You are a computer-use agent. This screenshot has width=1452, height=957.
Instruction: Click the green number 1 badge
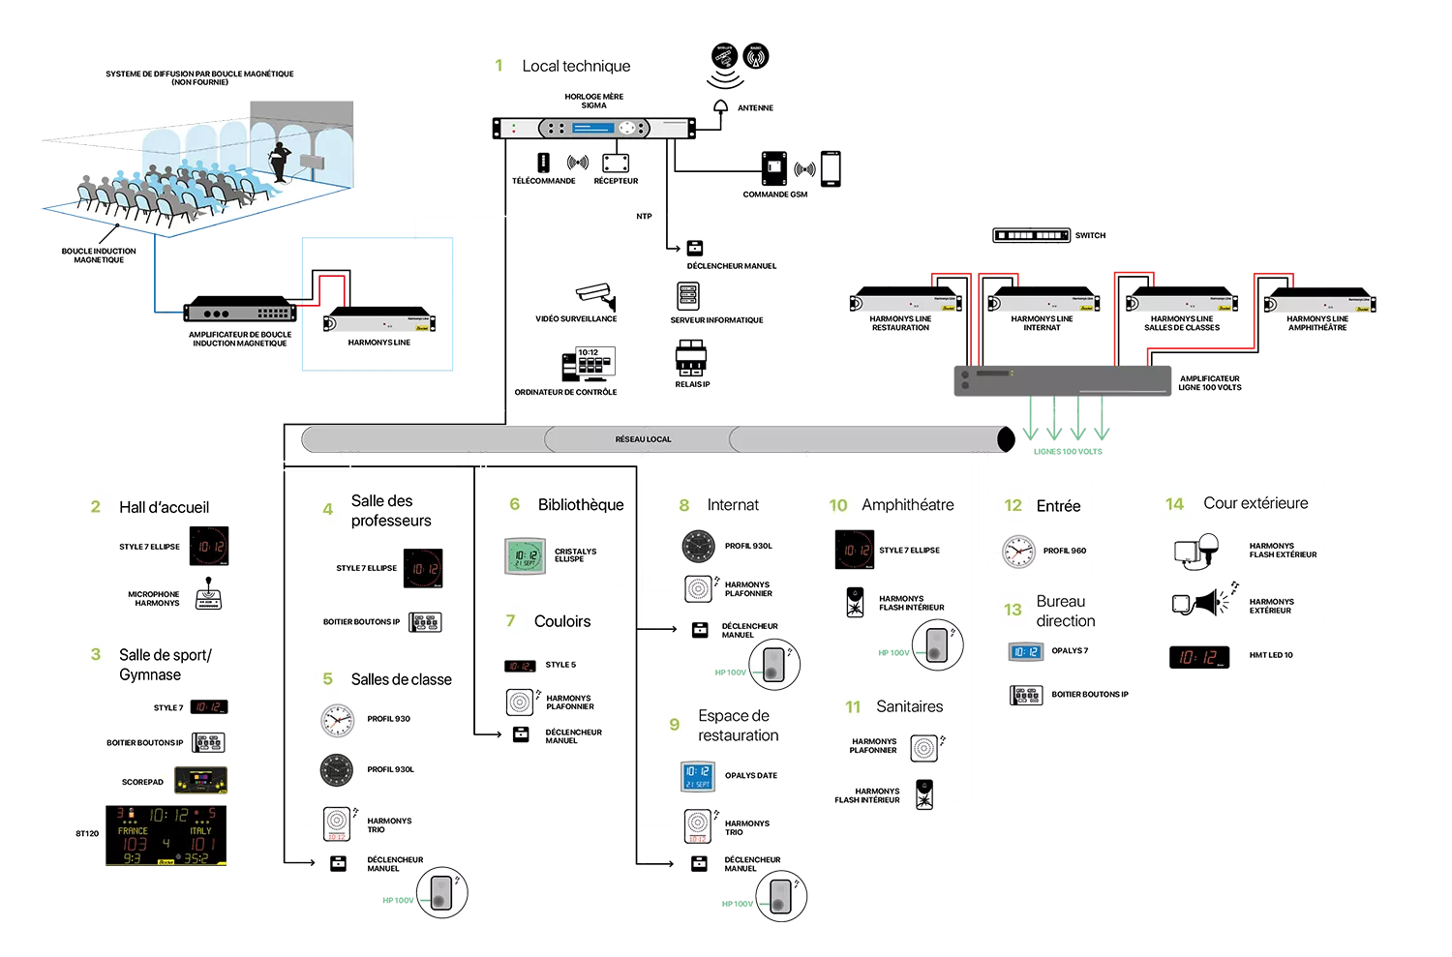tap(499, 66)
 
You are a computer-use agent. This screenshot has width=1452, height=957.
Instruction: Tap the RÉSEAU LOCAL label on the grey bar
tap(643, 439)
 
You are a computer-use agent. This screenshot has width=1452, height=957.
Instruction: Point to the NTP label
tap(645, 217)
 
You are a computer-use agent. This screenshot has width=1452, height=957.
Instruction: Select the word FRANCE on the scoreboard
tap(133, 831)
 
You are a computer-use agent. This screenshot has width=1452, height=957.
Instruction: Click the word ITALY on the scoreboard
tap(200, 831)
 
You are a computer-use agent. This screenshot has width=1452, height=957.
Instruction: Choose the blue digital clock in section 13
tap(1025, 651)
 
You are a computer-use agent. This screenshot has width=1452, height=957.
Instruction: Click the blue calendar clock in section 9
tap(697, 777)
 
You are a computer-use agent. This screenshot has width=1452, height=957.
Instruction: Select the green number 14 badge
tap(1174, 504)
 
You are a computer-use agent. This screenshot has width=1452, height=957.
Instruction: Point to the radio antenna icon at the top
tap(756, 58)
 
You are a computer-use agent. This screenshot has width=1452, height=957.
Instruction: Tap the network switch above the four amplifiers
tap(1033, 235)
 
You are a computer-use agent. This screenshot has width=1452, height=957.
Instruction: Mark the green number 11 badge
tap(853, 707)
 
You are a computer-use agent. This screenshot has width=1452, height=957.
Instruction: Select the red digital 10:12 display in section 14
tap(1200, 658)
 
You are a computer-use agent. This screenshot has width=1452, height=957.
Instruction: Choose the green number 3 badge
tap(96, 654)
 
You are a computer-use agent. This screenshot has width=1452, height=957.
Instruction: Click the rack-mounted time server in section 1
tap(593, 128)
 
